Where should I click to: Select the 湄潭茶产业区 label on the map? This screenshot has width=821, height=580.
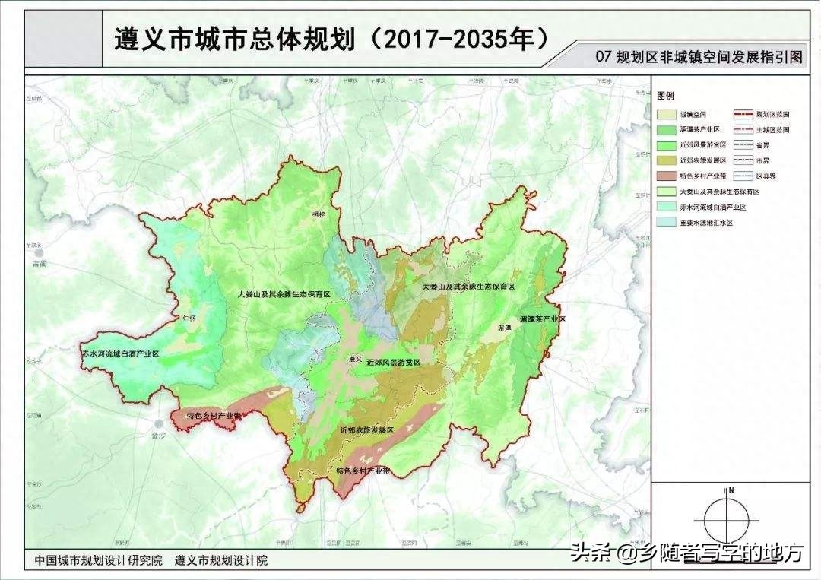click(543, 319)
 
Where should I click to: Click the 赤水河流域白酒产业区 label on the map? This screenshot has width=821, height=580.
click(120, 354)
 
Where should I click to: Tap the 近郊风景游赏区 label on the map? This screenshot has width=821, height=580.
click(393, 363)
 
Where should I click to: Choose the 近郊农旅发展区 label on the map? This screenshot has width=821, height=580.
click(366, 430)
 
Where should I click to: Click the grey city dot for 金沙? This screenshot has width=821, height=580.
click(159, 423)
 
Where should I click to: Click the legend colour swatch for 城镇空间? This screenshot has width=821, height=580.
click(666, 114)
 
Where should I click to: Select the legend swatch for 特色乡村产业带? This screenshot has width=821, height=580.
click(666, 176)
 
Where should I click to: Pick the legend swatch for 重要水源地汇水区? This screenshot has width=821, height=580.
click(666, 223)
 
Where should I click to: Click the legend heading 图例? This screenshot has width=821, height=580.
click(665, 97)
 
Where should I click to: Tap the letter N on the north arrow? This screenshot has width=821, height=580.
click(731, 490)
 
